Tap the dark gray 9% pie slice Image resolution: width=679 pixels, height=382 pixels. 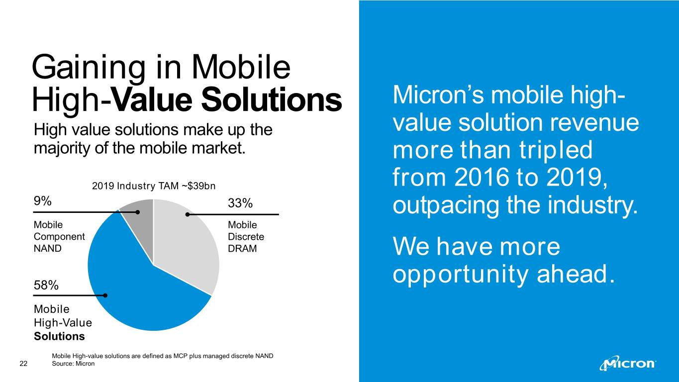point(140,224)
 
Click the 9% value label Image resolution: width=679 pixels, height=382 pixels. point(42,201)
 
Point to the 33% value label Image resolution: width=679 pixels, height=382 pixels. point(240,203)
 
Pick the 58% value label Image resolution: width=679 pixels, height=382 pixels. point(46,286)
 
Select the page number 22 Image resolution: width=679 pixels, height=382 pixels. point(23,364)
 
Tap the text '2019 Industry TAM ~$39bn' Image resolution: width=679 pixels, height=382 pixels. point(154,186)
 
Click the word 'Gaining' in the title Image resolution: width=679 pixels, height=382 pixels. point(89,68)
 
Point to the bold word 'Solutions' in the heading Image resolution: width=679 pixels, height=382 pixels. point(272,99)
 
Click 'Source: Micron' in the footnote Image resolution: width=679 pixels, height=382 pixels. point(73,364)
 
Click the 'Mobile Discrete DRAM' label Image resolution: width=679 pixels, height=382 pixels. point(246,236)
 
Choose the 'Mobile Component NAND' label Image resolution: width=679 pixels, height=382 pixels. point(59,236)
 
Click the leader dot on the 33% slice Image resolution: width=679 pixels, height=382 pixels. point(188,215)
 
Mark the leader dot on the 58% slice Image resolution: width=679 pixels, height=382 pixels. point(105,295)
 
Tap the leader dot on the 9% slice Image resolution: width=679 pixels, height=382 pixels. point(138,212)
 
